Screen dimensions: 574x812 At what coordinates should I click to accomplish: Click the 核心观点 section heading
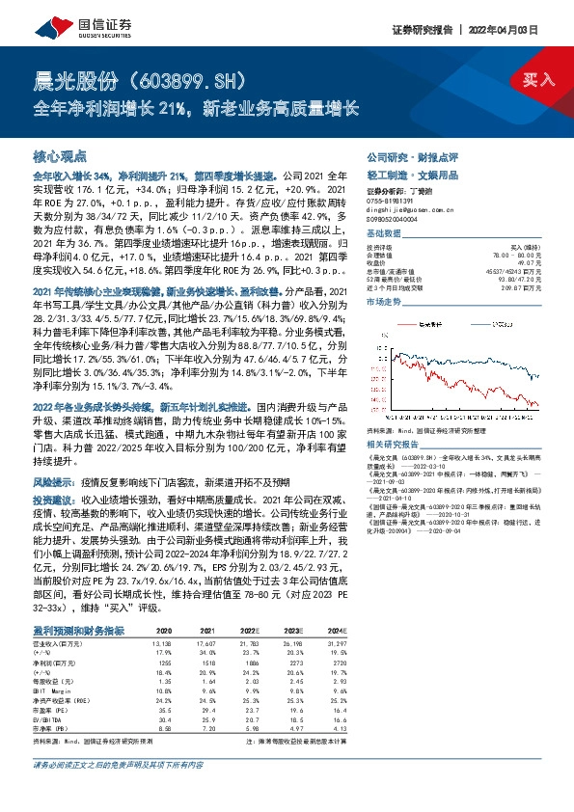point(60,154)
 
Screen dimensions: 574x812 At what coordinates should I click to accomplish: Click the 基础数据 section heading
point(388,234)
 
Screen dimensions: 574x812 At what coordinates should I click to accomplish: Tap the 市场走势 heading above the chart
point(388,303)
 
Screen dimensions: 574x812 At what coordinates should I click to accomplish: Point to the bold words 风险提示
point(51,478)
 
